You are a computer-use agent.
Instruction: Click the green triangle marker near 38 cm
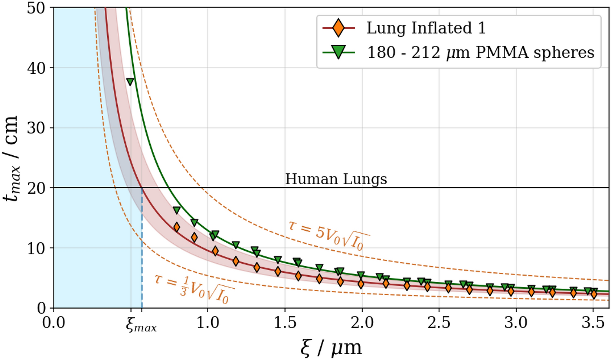pyautogui.click(x=130, y=82)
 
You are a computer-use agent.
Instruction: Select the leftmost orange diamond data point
pyautogui.click(x=176, y=227)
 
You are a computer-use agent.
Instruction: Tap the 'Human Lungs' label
pyautogui.click(x=336, y=179)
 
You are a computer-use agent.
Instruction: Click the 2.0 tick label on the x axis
pyautogui.click(x=362, y=323)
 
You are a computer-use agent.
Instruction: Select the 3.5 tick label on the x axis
pyautogui.click(x=593, y=323)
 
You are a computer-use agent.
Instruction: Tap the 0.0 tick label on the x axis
pyautogui.click(x=54, y=323)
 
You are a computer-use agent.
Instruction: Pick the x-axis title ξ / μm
pyautogui.click(x=331, y=348)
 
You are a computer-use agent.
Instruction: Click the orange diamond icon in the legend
pyautogui.click(x=338, y=28)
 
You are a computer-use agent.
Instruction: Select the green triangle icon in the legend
pyautogui.click(x=338, y=52)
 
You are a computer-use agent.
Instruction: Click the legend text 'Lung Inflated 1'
pyautogui.click(x=426, y=28)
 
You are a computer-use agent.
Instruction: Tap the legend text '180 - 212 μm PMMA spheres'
pyautogui.click(x=481, y=53)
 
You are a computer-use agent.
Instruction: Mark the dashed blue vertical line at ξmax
pyautogui.click(x=142, y=253)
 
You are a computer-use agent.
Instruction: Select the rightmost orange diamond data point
pyautogui.click(x=594, y=294)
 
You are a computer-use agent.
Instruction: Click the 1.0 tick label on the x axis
pyautogui.click(x=207, y=323)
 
